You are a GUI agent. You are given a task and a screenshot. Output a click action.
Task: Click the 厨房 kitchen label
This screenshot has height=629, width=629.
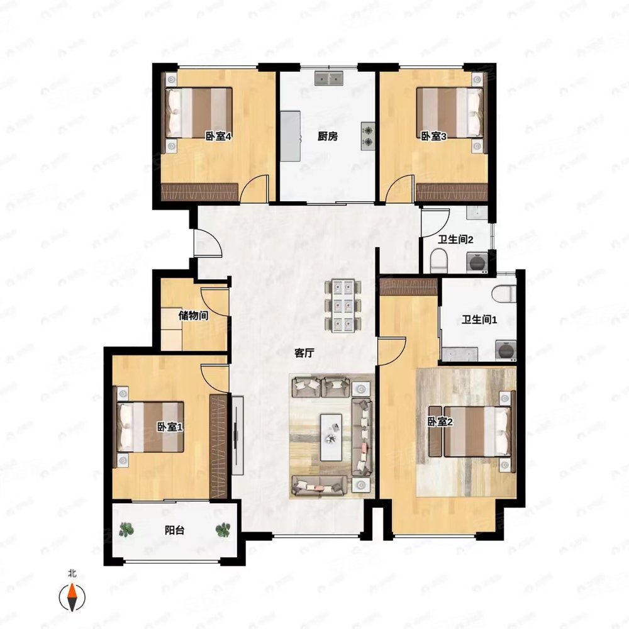pos(327,136)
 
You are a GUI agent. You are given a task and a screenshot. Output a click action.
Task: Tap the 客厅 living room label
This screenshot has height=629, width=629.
pos(304,353)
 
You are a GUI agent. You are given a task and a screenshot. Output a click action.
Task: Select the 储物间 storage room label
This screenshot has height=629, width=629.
pos(193,316)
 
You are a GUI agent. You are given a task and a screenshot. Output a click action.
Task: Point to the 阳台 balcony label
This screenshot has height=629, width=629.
pos(174,530)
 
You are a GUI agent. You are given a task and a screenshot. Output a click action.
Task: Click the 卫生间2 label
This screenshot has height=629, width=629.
pos(455,240)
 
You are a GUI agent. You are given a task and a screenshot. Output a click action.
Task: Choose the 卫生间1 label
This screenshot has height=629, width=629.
pos(479,320)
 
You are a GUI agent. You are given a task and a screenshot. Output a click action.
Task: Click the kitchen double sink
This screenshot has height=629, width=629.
pos(329,78)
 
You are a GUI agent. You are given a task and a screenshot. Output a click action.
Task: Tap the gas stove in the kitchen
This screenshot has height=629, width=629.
pos(367,136)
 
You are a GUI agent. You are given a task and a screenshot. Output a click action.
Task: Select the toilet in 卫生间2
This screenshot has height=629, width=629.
pos(439,260)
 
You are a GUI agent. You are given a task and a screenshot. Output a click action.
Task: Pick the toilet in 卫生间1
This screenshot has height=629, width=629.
pos(504,293)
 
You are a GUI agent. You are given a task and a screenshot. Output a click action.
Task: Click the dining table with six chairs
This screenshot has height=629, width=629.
pos(343,306)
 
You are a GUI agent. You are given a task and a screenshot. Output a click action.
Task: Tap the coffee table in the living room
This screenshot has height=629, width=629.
pos(331,437)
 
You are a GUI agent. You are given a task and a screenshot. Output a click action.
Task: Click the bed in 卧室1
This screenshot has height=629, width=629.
pos(150,427)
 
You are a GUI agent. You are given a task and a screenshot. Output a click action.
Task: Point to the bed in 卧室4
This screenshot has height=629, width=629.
pos(199,113)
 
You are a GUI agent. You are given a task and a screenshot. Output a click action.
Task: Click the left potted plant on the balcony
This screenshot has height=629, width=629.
pos(126,530)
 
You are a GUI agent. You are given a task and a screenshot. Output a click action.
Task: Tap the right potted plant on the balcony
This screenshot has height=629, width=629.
pos(223,530)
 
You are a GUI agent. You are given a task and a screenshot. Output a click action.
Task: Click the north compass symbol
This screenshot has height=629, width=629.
pos(72,598)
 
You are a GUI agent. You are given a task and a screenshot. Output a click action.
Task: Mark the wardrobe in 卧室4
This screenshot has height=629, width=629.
pos(200,192)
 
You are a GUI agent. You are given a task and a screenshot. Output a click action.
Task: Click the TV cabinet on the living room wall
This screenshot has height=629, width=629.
pos(238,435)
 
